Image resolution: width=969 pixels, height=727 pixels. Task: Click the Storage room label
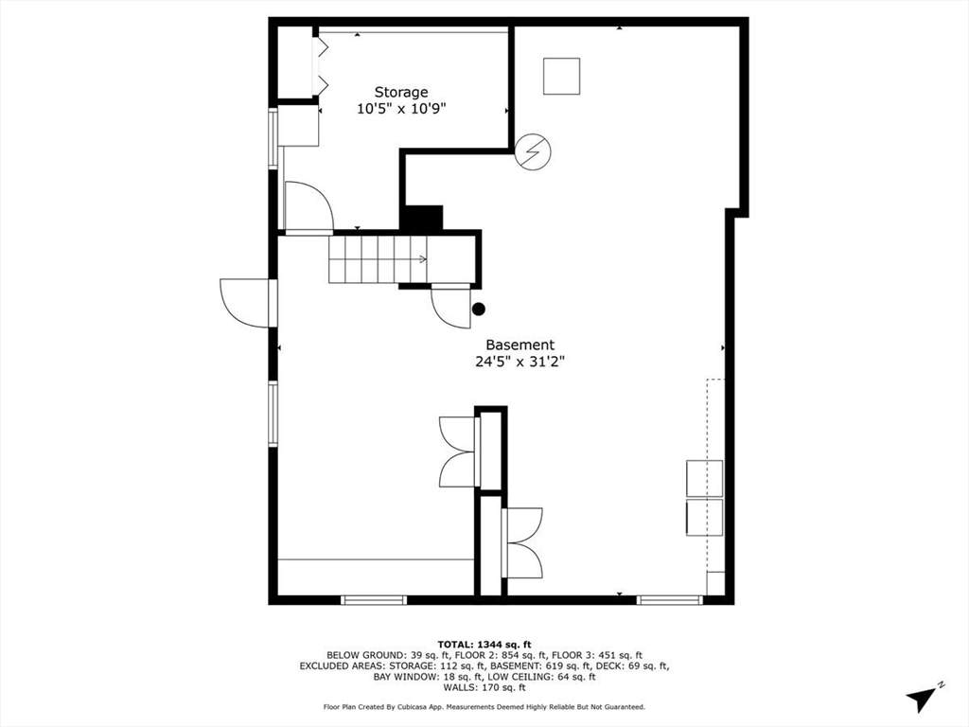pos(400,92)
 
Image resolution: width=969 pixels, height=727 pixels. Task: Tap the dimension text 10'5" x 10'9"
pos(400,109)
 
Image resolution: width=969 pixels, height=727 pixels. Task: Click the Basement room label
pos(520,345)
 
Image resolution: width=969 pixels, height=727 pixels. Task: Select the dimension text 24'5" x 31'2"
pos(520,361)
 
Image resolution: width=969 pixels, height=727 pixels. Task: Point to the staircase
pos(378,259)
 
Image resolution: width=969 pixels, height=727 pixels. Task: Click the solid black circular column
pos(479,309)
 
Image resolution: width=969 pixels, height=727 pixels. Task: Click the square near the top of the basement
pos(561,76)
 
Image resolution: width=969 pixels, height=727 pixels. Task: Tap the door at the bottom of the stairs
pos(450,307)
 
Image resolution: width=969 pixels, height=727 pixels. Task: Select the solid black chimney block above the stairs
pos(422,218)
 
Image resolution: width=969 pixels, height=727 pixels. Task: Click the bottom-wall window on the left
pos(374,599)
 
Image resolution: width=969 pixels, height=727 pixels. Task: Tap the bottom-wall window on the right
pos(669,599)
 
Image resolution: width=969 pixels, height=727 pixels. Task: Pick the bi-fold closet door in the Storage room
pos(322,64)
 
